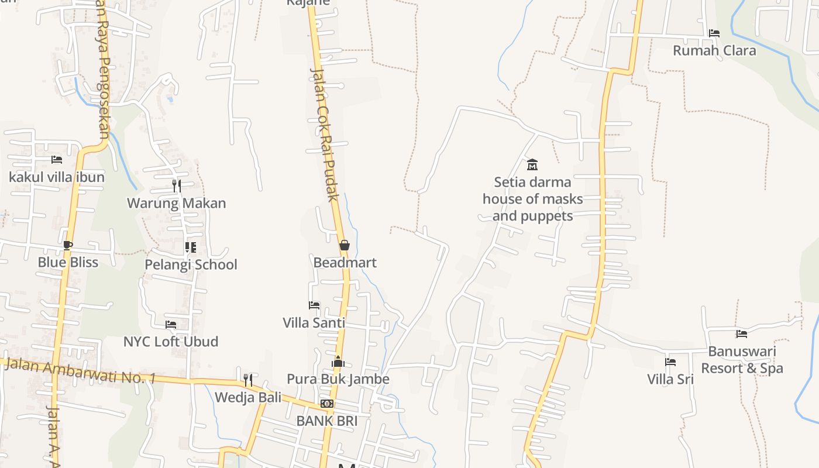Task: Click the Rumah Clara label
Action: tap(714, 50)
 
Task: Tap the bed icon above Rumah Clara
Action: tap(714, 33)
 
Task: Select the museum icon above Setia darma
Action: tap(532, 164)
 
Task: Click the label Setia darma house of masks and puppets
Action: tap(532, 199)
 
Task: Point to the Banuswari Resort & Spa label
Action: tap(742, 360)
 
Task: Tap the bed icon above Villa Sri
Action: tap(670, 362)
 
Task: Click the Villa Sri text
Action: tap(670, 379)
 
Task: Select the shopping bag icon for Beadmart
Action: tap(345, 245)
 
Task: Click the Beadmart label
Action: tap(345, 263)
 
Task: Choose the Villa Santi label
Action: tap(314, 322)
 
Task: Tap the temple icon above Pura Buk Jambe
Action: tap(338, 362)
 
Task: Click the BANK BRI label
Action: tap(326, 421)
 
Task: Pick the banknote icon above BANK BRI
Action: tap(327, 404)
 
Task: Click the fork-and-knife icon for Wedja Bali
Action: tap(248, 380)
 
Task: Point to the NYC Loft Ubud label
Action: tap(171, 341)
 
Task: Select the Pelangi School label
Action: tap(191, 264)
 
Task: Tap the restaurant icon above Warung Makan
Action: tap(176, 186)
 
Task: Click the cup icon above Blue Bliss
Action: tap(68, 245)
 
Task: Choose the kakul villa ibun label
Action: tap(57, 177)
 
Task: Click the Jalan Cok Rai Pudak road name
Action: tap(325, 135)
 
